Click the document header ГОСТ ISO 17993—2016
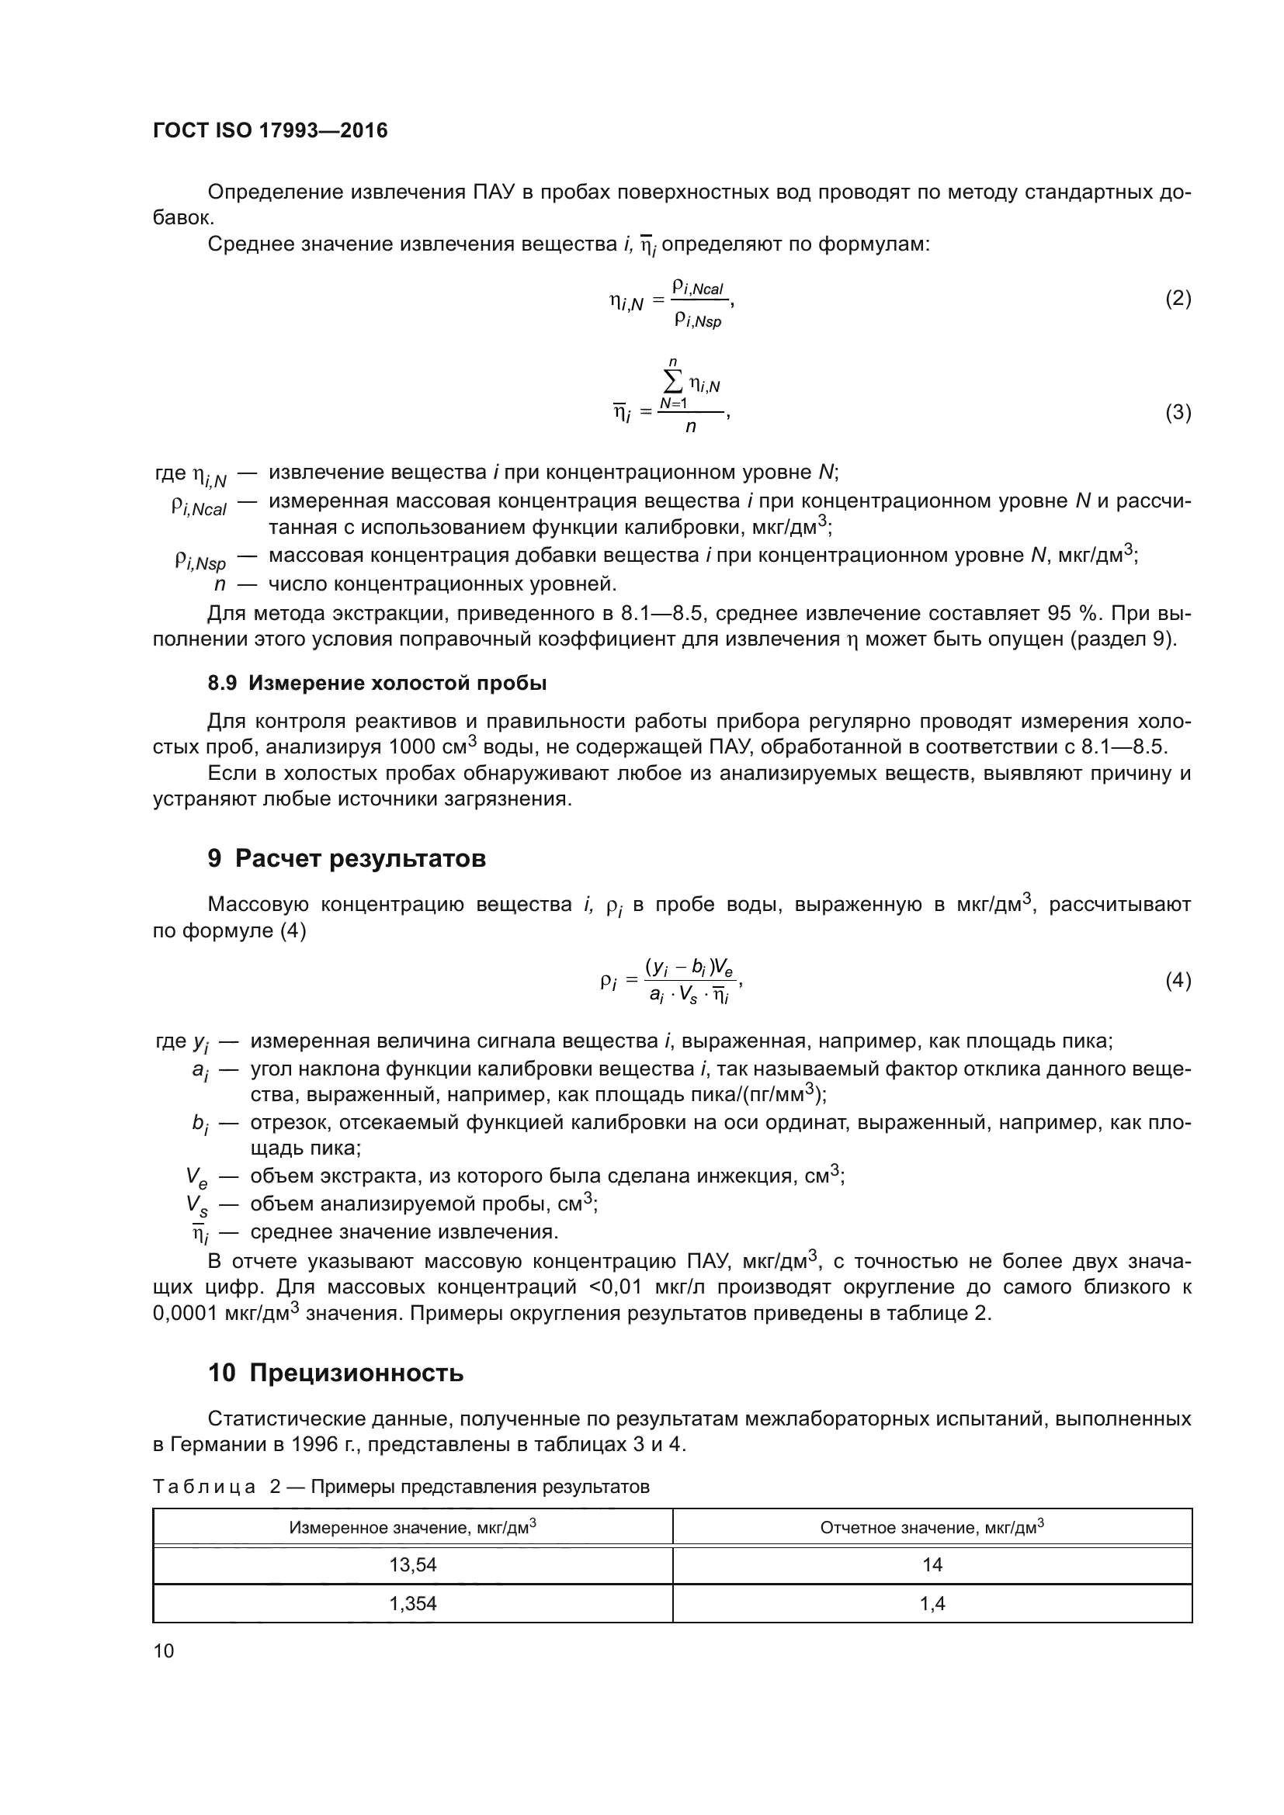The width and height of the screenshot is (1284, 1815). click(269, 130)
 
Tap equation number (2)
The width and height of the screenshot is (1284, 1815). click(1178, 299)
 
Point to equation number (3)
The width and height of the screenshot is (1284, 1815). click(1178, 413)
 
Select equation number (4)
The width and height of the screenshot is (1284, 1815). click(1178, 980)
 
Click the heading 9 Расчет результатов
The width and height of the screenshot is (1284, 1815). click(346, 858)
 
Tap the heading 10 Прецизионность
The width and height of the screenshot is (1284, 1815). click(335, 1373)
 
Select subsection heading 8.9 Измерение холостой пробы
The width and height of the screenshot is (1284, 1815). click(377, 683)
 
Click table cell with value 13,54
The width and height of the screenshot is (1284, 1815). click(413, 1564)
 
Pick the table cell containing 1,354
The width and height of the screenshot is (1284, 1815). click(413, 1603)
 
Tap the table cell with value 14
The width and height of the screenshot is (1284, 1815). click(932, 1564)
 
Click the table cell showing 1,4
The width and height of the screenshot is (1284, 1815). click(932, 1603)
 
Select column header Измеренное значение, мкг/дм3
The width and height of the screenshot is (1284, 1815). click(413, 1527)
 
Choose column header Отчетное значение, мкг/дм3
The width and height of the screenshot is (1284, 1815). click(932, 1527)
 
